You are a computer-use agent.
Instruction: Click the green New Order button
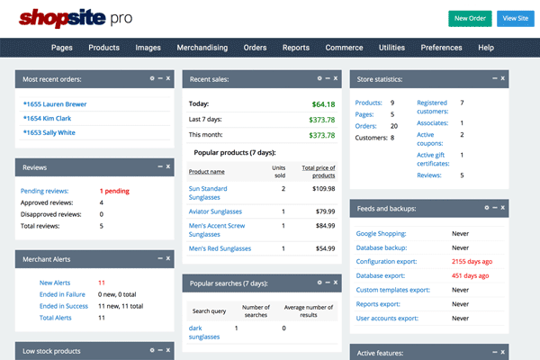click(x=470, y=18)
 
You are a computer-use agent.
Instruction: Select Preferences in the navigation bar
click(x=441, y=48)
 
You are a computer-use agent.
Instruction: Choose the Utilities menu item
click(x=391, y=48)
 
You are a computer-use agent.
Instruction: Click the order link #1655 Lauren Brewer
click(x=55, y=103)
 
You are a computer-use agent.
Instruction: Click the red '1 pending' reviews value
click(x=115, y=191)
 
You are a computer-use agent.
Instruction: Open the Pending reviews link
click(x=47, y=191)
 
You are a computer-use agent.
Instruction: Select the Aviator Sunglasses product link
click(x=216, y=211)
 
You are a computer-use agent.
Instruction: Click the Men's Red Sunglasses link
click(x=220, y=248)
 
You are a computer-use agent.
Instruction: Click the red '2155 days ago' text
click(x=472, y=261)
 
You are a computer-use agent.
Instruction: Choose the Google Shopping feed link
click(x=381, y=233)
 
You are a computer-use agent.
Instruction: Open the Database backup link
click(x=382, y=247)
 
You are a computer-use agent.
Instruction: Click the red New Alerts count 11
click(x=102, y=283)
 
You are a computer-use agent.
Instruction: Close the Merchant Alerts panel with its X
click(x=168, y=259)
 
